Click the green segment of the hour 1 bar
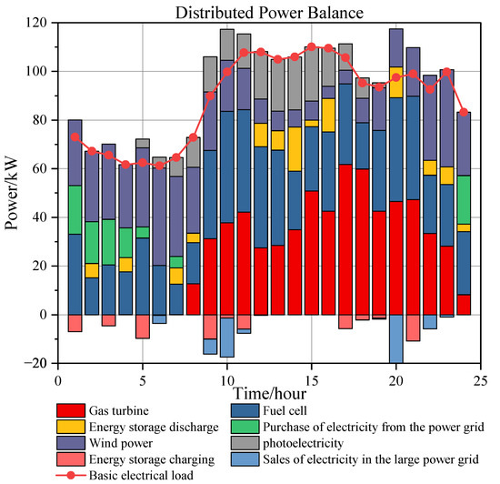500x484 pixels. [75, 210]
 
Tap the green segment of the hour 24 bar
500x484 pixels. [464, 199]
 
